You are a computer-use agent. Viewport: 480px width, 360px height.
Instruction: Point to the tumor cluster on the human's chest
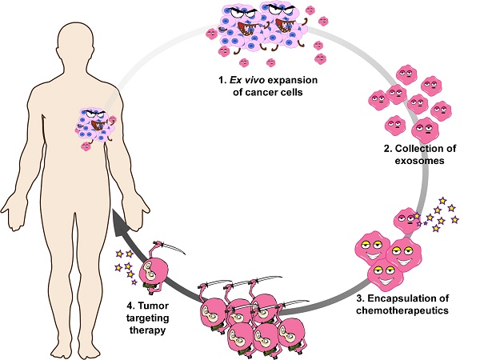97,129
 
